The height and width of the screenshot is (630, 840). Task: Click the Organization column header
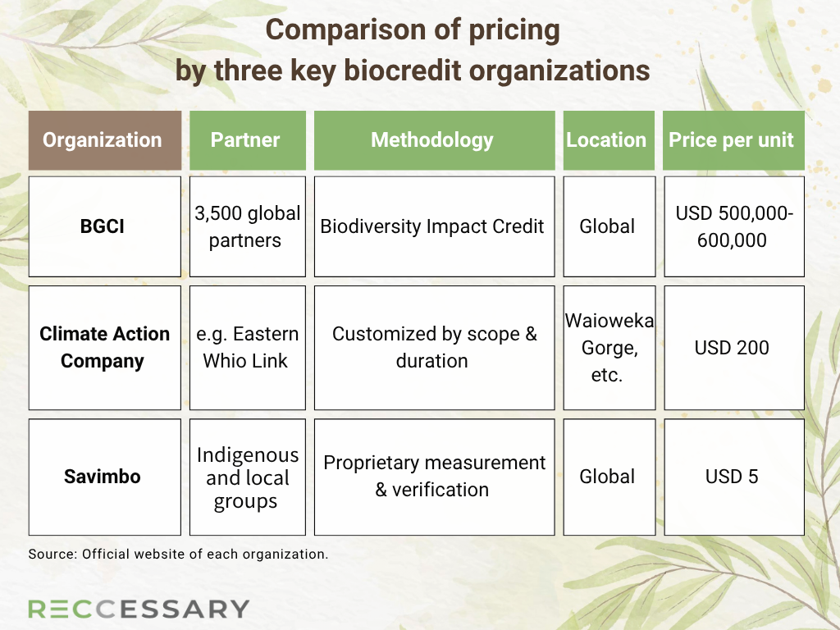(105, 140)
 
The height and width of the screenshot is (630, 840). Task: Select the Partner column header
(248, 140)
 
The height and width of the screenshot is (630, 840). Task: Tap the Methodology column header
(434, 140)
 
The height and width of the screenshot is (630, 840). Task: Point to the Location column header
(609, 140)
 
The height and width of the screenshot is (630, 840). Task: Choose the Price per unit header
(733, 140)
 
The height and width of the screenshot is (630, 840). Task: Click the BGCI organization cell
(105, 226)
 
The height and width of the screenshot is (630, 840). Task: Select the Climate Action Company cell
(105, 348)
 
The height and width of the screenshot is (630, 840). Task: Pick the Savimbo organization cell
(105, 477)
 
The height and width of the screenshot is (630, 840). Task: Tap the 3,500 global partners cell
(248, 226)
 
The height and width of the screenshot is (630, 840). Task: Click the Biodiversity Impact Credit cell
(434, 226)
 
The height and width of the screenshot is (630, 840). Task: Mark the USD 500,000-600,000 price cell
(734, 226)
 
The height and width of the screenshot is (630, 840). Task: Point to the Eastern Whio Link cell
(248, 348)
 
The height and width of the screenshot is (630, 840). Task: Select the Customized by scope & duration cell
(434, 348)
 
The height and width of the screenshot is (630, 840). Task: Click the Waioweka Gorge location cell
(609, 348)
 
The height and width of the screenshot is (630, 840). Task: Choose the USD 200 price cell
(734, 348)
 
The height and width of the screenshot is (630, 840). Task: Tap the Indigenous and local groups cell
(248, 477)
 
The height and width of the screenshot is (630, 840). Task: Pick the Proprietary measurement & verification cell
(434, 477)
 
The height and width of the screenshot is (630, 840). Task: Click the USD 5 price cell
(734, 477)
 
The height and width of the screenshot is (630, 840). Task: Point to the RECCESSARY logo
(139, 609)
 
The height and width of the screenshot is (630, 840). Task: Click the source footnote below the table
(178, 554)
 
